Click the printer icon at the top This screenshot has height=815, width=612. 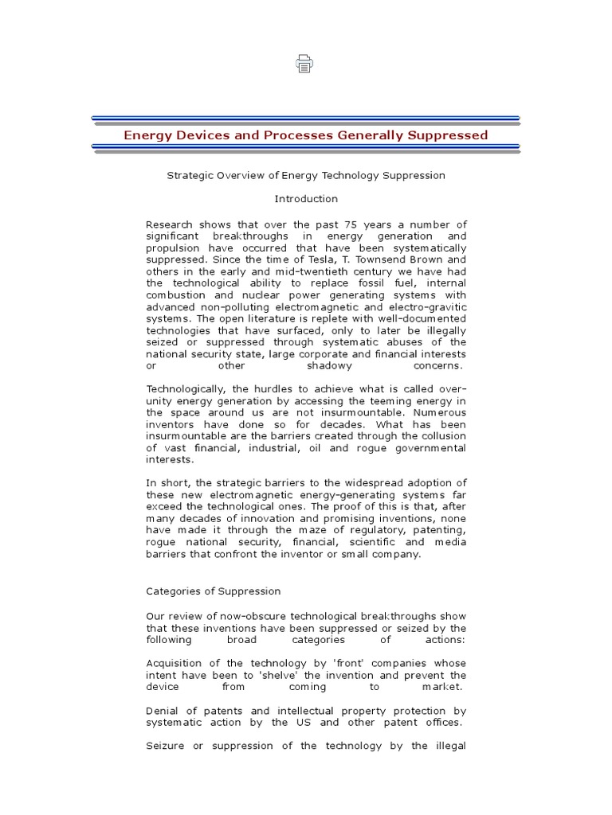[305, 65]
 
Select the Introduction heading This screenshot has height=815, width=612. [306, 198]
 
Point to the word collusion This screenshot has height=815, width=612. [441, 436]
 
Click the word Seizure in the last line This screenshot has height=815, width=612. [167, 746]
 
